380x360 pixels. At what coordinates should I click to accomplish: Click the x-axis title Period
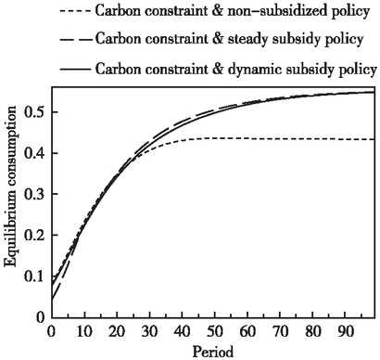(213, 352)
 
